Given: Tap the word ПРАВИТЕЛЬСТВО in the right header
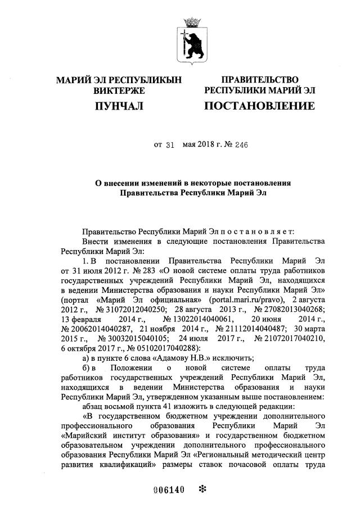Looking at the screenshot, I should (x=259, y=80).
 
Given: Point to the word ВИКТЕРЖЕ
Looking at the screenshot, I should (x=119, y=90).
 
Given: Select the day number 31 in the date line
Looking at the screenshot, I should (x=171, y=144).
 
